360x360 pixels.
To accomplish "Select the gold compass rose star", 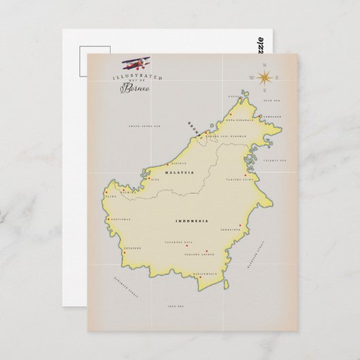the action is coord(264,77).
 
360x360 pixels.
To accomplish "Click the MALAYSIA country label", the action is coord(184,173).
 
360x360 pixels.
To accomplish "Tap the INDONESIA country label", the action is coord(192,221).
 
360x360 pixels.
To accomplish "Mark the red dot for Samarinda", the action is coord(240,225).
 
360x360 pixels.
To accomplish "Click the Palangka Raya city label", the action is coord(180,242).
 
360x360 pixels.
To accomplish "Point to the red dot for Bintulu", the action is coord(168,164).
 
